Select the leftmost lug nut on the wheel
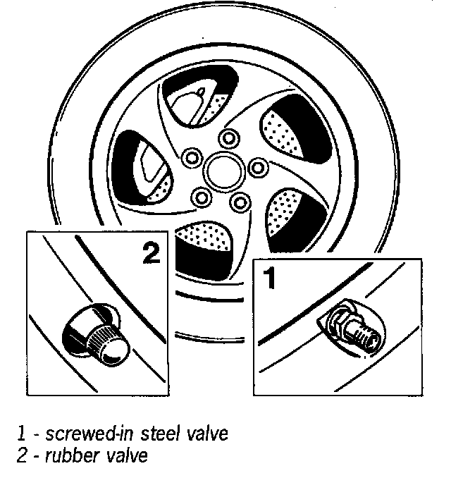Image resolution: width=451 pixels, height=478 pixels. click(188, 157)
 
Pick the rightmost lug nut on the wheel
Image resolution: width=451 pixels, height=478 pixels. click(259, 168)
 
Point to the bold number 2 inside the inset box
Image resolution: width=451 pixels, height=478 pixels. click(149, 253)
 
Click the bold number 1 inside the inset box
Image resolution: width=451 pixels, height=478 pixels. click(268, 278)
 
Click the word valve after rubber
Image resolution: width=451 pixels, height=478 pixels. click(127, 456)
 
